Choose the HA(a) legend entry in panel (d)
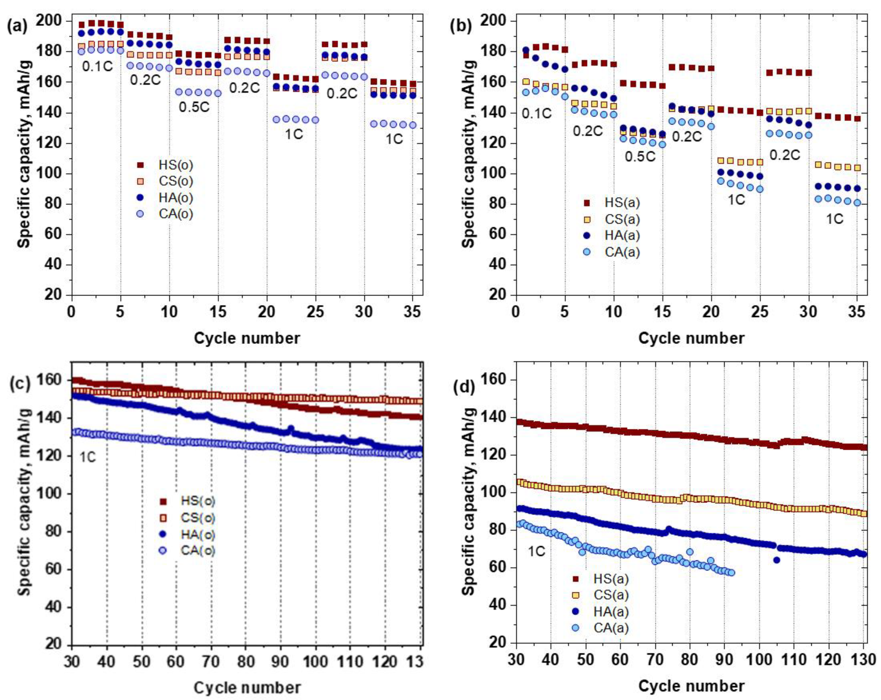point(611,611)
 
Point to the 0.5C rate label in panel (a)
point(194,107)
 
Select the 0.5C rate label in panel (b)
point(640,156)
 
